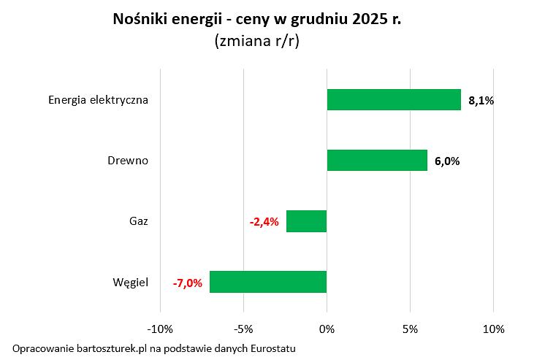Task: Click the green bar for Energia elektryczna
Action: [x=394, y=99]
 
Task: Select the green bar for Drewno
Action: [x=377, y=160]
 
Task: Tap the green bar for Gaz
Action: [x=306, y=221]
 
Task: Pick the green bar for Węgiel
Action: [x=268, y=282]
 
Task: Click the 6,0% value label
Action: [x=447, y=161]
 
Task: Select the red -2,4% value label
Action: [x=264, y=222]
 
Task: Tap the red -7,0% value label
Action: [x=188, y=283]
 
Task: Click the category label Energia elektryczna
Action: [x=99, y=100]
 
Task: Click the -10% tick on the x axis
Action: [x=160, y=329]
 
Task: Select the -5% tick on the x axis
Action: [x=243, y=329]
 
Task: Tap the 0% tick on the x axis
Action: [x=327, y=329]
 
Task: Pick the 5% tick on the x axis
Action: [x=410, y=329]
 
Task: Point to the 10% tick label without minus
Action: [x=493, y=329]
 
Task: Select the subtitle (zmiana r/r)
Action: [x=257, y=42]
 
